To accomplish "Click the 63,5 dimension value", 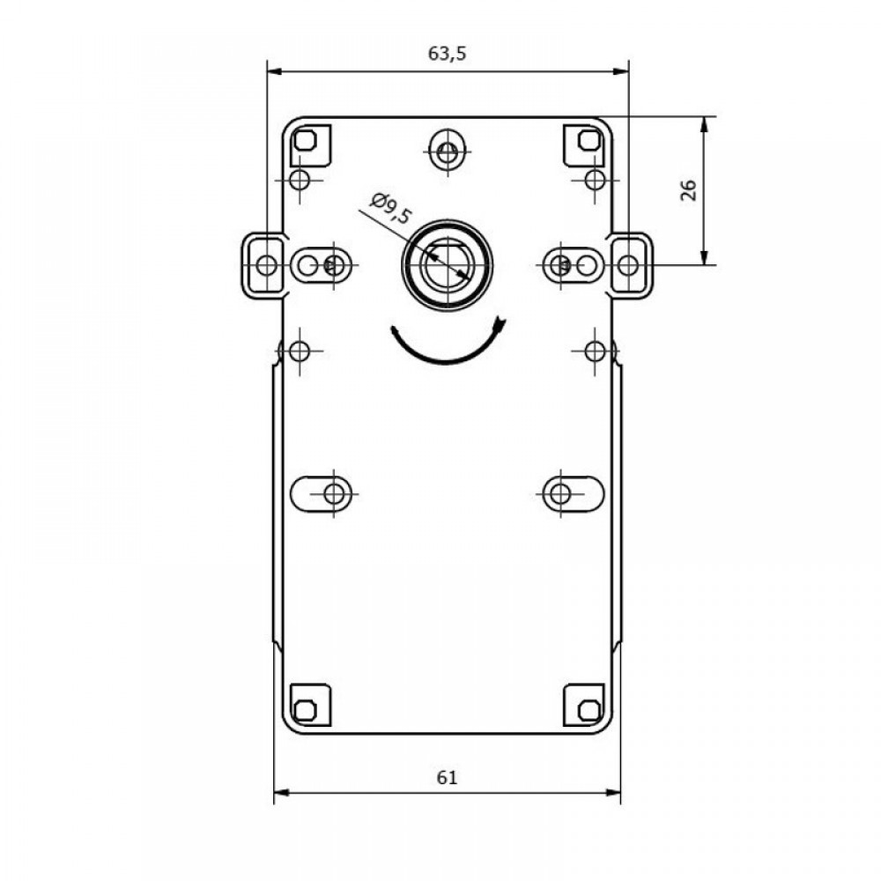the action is tap(448, 54).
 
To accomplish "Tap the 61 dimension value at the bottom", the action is tap(448, 778).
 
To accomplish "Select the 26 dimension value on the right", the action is tap(689, 190).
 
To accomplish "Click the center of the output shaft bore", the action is tap(448, 264).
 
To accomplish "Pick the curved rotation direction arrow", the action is tap(448, 344).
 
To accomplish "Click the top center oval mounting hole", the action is tap(448, 150).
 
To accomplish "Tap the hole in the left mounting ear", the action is tap(266, 264).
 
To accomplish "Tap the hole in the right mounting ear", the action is tap(628, 264).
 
